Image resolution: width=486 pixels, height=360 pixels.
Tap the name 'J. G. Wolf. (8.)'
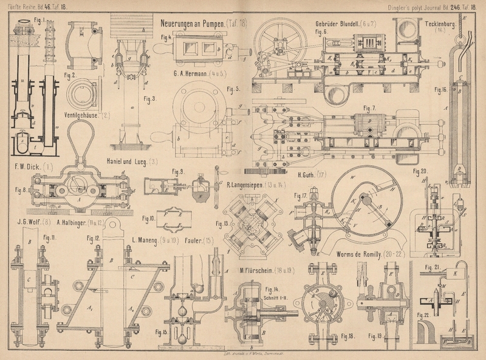(29, 222)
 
